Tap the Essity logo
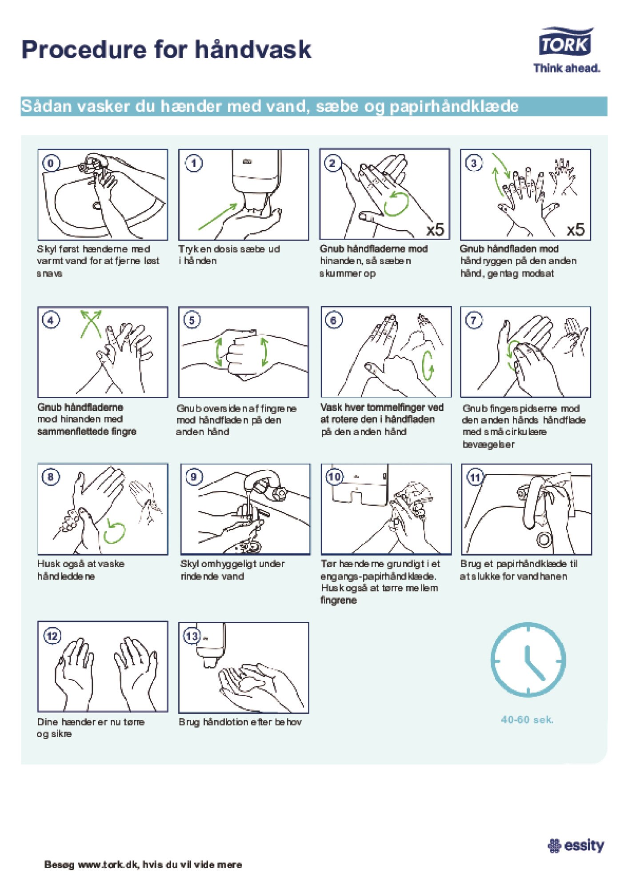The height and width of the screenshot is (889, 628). point(576,845)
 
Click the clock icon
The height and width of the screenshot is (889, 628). point(528,660)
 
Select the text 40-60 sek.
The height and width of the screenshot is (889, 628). point(528,720)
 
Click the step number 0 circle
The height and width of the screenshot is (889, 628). point(51,163)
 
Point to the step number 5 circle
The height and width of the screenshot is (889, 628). point(192,320)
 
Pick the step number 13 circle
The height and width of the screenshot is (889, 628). point(192,636)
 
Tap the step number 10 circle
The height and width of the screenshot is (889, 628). point(334,477)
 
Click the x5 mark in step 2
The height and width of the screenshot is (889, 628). point(435,229)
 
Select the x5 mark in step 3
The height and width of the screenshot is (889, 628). point(576,229)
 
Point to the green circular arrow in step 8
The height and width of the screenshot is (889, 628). point(114,532)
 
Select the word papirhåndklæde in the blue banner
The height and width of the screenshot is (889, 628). point(454,107)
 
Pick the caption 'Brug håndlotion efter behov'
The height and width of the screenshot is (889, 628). point(240,722)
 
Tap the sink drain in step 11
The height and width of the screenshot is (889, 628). point(544,539)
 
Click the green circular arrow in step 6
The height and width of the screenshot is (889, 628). point(428,366)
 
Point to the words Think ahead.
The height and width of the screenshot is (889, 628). point(567,68)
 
